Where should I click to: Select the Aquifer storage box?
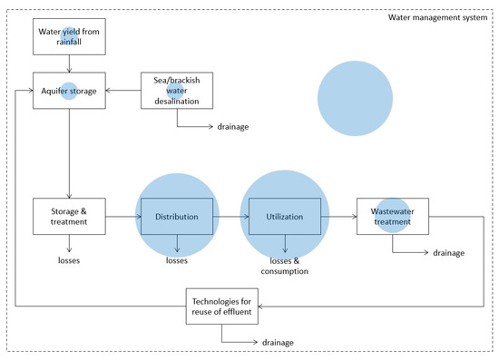point(70,91)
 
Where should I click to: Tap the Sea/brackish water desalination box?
point(178,91)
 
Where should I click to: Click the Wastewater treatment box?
point(392,217)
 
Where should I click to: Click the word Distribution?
point(176,217)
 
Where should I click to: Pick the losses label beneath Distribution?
point(176,259)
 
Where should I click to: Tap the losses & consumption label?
point(286,264)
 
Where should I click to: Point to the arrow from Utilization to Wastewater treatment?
point(339,217)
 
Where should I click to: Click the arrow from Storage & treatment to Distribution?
point(123,217)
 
